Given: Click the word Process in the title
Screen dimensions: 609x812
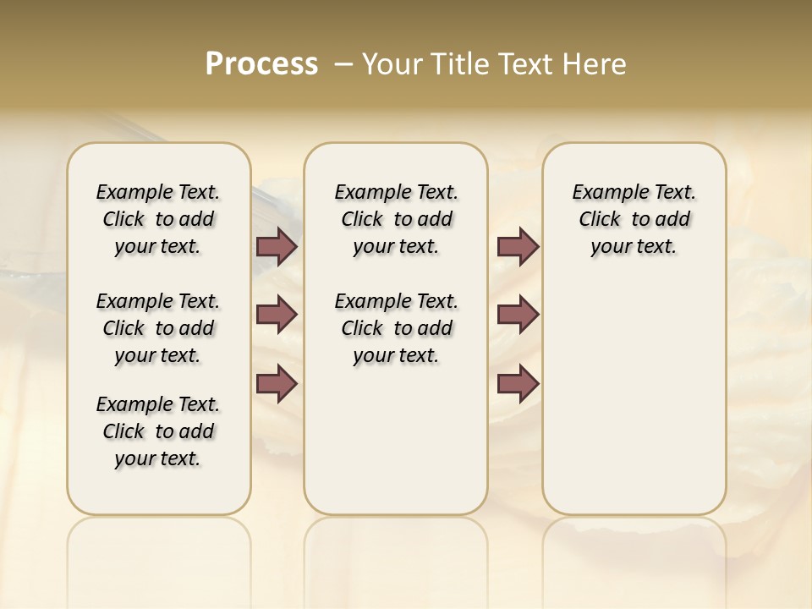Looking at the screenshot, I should (261, 64).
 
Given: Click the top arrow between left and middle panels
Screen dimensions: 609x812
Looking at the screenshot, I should (277, 246).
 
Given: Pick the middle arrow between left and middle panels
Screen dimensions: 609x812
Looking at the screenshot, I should (277, 315).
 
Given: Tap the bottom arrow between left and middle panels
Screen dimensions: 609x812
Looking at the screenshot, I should (277, 383).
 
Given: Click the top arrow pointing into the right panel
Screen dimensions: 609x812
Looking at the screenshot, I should (518, 246).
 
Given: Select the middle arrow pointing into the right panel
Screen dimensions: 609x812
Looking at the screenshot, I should (518, 315).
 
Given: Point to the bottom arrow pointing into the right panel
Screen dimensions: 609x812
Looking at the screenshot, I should (518, 383).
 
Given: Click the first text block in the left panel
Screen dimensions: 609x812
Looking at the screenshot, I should (158, 219).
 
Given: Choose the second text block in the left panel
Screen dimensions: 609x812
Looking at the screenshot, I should (158, 328).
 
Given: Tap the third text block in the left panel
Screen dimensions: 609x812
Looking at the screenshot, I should (158, 431).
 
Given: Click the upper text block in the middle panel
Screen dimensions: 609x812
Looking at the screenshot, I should (396, 219).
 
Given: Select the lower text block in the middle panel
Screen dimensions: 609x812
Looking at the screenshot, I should (396, 328).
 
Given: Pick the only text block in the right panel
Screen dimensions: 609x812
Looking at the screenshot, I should (634, 219).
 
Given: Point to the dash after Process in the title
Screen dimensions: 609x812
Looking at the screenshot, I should (343, 64).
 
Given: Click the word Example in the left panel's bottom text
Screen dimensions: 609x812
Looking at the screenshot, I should (128, 404).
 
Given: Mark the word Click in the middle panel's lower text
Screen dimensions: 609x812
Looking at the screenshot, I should (362, 328).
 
